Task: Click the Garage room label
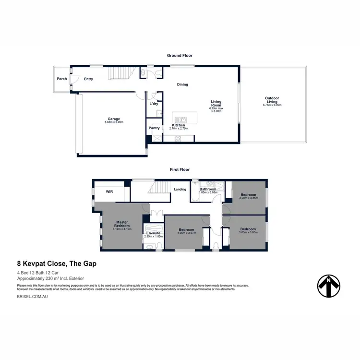click(x=114, y=119)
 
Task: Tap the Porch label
click(x=62, y=79)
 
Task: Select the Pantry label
click(x=154, y=128)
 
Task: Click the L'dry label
click(x=154, y=104)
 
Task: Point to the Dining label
click(x=182, y=84)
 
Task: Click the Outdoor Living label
click(x=272, y=99)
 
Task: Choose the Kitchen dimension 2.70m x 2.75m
click(x=179, y=129)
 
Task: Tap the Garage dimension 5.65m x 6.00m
click(x=114, y=122)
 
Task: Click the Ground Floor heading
click(x=180, y=56)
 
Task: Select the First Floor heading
click(x=180, y=169)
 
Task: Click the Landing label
click(x=180, y=189)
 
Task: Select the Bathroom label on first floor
click(x=208, y=189)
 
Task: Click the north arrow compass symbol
click(x=330, y=286)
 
